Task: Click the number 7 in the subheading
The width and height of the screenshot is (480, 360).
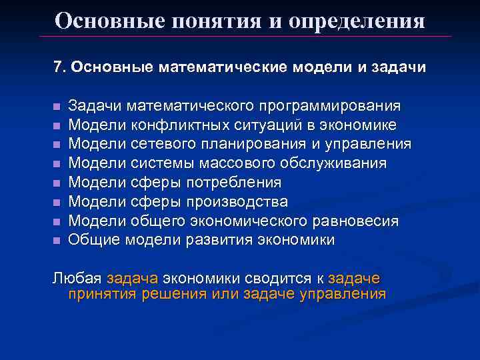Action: (x=57, y=68)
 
